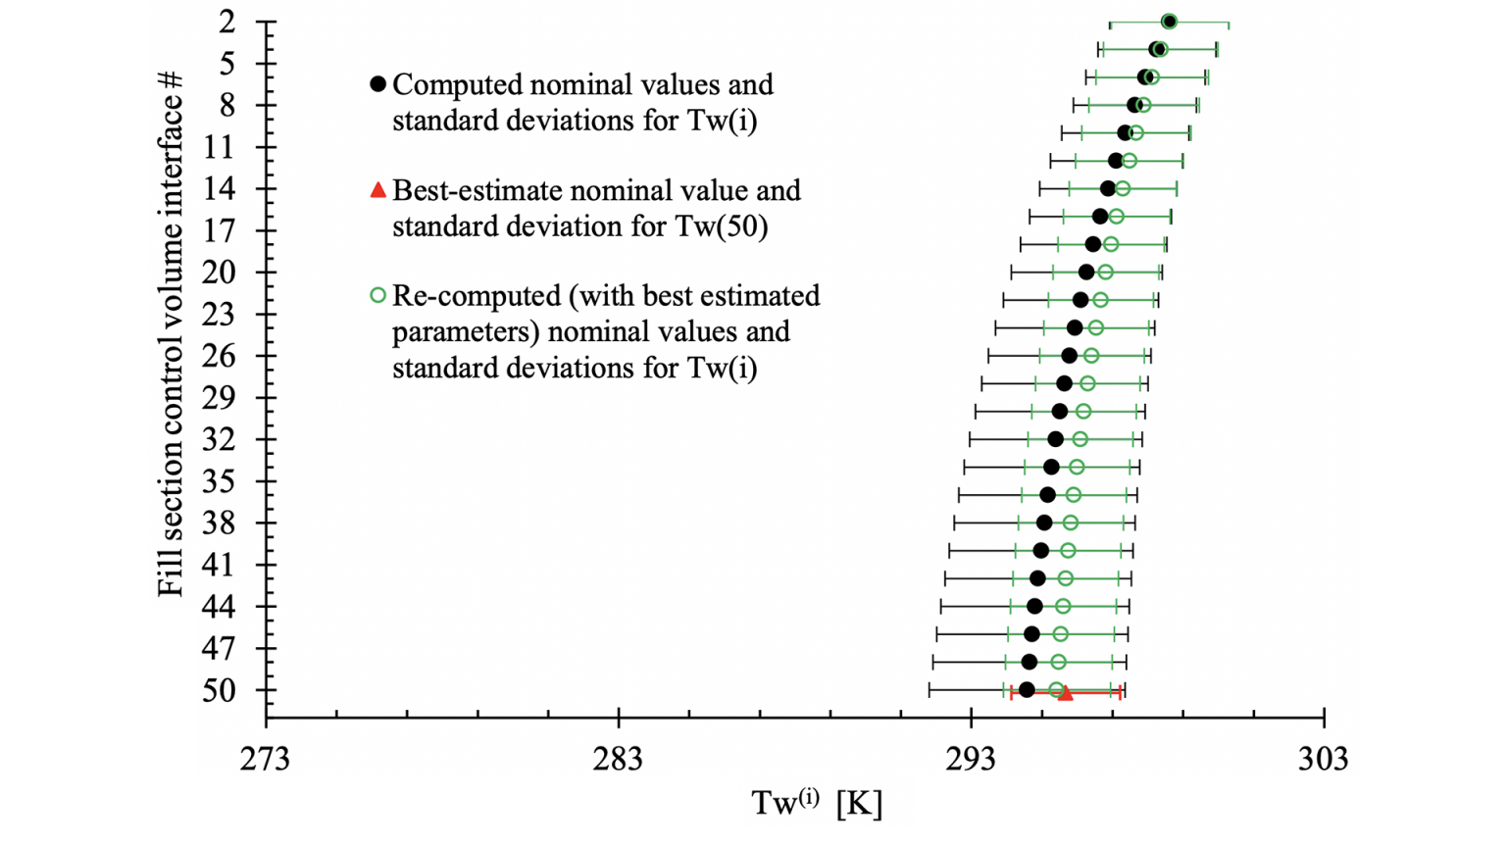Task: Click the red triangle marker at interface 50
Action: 1066,693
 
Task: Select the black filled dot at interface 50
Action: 1027,690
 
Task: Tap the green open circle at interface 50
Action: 1056,690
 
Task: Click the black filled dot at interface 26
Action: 1070,356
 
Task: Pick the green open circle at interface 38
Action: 1071,523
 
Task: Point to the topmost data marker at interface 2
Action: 1169,22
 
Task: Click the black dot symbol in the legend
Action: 377,85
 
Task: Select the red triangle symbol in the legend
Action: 377,190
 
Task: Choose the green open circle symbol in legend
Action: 377,295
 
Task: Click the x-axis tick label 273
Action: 266,759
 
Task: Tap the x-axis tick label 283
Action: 619,759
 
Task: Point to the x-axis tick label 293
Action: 972,759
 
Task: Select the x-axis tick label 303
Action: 1324,759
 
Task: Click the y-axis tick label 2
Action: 228,22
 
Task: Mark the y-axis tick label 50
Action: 220,691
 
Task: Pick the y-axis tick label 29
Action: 220,398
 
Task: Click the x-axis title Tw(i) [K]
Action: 817,803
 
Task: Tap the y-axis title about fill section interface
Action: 171,333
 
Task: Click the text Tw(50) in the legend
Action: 722,226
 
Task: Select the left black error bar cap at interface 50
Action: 929,690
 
